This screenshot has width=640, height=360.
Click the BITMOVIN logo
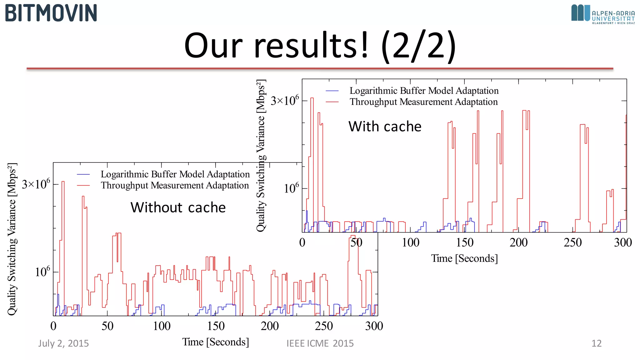coord(51,13)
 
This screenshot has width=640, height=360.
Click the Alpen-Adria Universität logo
coord(603,14)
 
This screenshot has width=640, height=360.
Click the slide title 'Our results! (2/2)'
coord(320,46)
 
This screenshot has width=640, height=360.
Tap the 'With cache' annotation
coord(385,127)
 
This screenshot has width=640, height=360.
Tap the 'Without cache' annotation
coord(178,207)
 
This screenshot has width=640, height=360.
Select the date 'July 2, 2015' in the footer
coord(63,343)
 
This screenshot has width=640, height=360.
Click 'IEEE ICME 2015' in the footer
coord(320,343)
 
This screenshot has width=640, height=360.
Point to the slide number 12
coord(596,343)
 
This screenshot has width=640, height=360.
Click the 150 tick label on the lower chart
coord(216,326)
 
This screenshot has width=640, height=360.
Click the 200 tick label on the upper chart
coord(518,243)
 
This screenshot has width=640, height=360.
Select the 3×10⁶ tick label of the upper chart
coord(285,101)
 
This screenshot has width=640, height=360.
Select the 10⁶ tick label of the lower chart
coord(42,272)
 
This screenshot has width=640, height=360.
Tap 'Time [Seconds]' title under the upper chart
coord(464,258)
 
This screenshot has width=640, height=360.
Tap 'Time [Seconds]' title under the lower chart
coord(216,342)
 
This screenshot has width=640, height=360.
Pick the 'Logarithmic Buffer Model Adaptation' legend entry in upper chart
coord(424,91)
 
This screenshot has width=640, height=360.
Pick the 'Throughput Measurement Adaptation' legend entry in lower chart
coord(175,185)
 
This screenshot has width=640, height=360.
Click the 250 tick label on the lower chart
coord(324,326)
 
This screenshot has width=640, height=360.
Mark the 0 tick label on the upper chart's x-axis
coord(302,243)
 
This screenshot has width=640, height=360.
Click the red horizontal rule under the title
coord(320,68)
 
